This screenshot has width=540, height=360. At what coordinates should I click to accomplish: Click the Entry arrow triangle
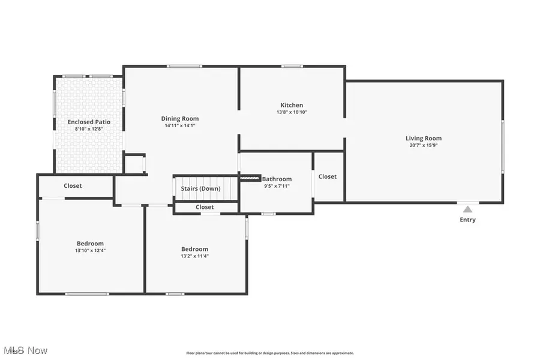coord(467,209)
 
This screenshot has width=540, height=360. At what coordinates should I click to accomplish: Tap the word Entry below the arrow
coord(467,220)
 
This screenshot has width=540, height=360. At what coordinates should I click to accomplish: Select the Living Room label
coord(423,138)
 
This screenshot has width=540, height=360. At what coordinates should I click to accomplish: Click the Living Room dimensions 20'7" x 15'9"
coord(423,145)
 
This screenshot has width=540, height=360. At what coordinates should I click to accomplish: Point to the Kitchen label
coord(292,105)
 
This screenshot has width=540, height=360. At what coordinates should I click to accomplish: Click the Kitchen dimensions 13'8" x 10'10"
coord(292,112)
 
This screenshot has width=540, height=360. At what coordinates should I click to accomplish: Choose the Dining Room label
coord(180,119)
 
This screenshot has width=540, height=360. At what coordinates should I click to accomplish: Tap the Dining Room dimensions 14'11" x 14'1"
coord(180,126)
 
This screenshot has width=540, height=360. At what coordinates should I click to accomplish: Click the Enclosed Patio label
coord(89,122)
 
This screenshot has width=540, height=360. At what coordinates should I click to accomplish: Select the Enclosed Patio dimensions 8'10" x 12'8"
coord(89,129)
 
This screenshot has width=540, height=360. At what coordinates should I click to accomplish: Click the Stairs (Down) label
coord(200,189)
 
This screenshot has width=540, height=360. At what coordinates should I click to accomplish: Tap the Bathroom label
coord(277,179)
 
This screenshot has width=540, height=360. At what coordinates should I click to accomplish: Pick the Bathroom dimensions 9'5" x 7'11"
coord(277,187)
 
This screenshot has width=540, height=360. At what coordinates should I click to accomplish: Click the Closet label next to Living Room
coord(328,176)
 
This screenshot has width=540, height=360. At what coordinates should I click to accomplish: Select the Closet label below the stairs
coord(205,207)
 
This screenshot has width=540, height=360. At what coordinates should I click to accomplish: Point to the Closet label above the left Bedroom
coord(73,185)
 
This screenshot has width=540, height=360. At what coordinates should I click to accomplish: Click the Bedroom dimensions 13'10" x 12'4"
coord(90,251)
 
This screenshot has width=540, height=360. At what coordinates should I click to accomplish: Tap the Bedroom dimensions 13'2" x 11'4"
coord(194,256)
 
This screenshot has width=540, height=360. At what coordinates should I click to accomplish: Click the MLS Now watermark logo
coord(25,350)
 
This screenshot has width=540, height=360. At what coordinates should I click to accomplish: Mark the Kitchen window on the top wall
coord(292,66)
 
